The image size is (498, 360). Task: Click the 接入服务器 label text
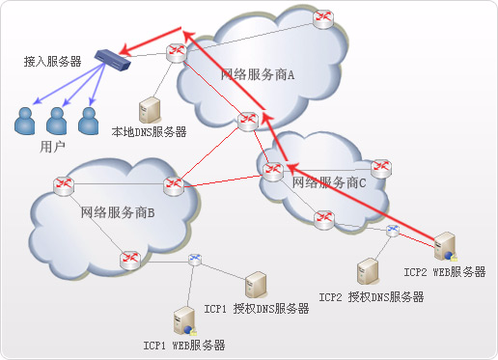52,61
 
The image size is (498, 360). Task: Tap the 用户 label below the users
53,147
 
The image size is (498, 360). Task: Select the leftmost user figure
25,121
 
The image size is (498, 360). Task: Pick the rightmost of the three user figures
89,120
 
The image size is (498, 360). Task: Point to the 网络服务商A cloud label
257,74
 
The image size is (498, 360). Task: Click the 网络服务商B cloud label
117,212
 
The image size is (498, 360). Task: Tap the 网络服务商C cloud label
330,180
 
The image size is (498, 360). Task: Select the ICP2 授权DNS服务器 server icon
367,271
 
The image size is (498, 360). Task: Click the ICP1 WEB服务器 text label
184,346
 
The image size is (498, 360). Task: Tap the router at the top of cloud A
323,18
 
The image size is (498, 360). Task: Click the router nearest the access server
175,51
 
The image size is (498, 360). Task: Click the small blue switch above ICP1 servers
195,259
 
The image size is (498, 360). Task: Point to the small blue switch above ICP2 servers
392,231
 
